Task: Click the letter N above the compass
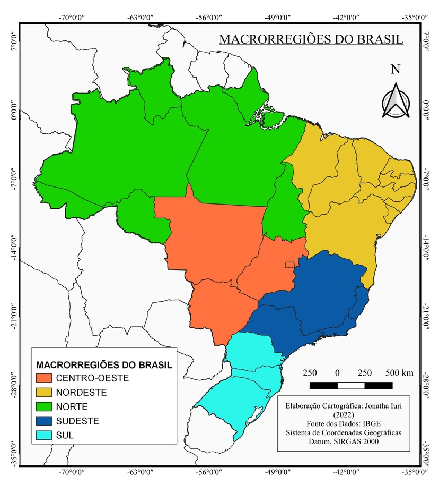click(x=395, y=70)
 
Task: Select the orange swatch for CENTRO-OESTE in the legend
click(x=45, y=378)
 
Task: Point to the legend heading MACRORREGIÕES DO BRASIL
click(x=104, y=365)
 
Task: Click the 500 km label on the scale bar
click(x=399, y=372)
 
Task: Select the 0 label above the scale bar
click(x=338, y=372)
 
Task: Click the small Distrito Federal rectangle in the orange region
click(x=289, y=265)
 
